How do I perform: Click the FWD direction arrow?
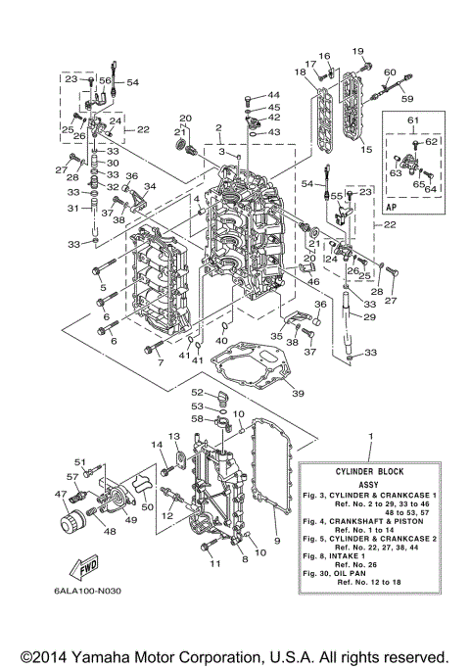click(82, 566)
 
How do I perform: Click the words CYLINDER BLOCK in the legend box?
click(370, 470)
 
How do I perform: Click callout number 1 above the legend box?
click(370, 434)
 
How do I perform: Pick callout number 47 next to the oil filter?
click(60, 495)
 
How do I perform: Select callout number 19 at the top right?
click(357, 50)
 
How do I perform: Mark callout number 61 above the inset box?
click(413, 120)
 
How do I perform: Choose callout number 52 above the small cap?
click(197, 392)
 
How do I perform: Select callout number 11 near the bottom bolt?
click(214, 563)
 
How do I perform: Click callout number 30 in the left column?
click(113, 163)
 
